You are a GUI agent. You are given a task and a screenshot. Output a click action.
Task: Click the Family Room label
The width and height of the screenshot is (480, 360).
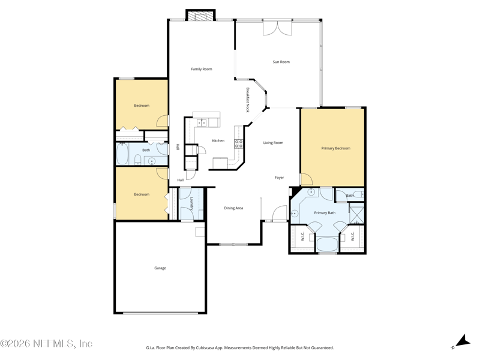(x=202, y=69)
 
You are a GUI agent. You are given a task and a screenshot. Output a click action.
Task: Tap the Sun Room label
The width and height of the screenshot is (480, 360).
(x=281, y=62)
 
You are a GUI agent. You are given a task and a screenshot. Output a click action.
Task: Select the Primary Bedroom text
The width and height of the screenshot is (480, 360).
(x=335, y=148)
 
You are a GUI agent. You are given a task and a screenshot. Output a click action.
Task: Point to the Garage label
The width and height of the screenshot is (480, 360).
(x=160, y=268)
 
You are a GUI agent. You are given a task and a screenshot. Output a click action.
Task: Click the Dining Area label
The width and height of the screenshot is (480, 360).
(x=233, y=208)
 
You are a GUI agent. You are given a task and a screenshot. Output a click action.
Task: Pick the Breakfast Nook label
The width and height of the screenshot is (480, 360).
(x=248, y=100)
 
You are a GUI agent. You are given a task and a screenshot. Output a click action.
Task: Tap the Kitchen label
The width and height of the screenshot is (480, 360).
(x=218, y=141)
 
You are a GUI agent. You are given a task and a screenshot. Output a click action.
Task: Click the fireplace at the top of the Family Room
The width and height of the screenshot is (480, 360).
(x=200, y=16)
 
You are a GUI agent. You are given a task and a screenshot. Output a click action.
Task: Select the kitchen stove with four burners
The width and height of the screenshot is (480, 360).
(x=239, y=144)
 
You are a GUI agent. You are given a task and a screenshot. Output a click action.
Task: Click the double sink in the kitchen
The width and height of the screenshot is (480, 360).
(x=201, y=123)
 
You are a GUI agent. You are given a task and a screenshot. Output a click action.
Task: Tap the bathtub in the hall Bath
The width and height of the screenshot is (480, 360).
(x=122, y=154)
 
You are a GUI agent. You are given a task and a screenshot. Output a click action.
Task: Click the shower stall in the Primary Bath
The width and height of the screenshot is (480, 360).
(x=357, y=216)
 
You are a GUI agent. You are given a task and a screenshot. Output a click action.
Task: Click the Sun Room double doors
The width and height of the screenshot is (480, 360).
(x=277, y=28)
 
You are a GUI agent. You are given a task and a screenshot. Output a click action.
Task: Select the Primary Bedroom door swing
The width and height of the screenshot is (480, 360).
(x=307, y=179)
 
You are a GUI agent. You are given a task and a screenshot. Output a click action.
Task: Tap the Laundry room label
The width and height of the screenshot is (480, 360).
(x=191, y=203)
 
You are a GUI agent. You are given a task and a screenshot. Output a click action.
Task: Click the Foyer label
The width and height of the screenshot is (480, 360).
(x=279, y=178)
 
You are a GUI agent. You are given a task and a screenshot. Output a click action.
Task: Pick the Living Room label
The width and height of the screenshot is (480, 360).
(x=273, y=143)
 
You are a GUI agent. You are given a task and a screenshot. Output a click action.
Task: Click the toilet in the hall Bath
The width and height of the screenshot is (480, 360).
(x=138, y=160)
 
